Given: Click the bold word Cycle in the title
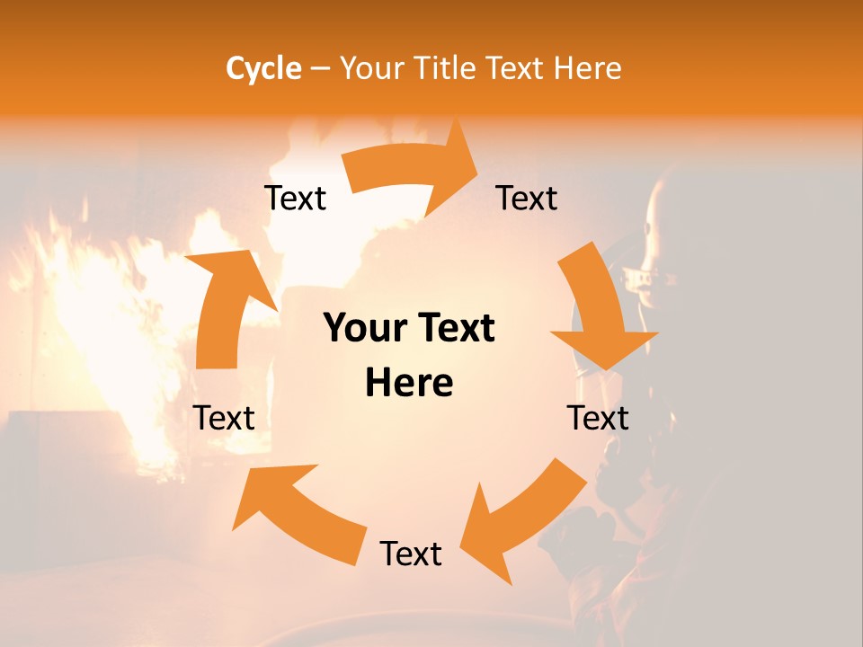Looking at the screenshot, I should pyautogui.click(x=263, y=68).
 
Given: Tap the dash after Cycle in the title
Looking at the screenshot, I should pyautogui.click(x=320, y=69).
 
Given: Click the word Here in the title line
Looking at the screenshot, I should pyautogui.click(x=585, y=68).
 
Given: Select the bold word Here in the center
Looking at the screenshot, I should pyautogui.click(x=409, y=383).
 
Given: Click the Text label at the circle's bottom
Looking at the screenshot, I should pyautogui.click(x=411, y=554).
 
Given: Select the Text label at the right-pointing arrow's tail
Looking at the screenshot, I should pyautogui.click(x=295, y=198).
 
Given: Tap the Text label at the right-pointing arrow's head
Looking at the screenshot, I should pyautogui.click(x=527, y=198).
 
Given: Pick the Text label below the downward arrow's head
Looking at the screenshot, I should pyautogui.click(x=598, y=418).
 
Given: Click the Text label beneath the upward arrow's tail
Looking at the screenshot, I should pyautogui.click(x=224, y=418).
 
